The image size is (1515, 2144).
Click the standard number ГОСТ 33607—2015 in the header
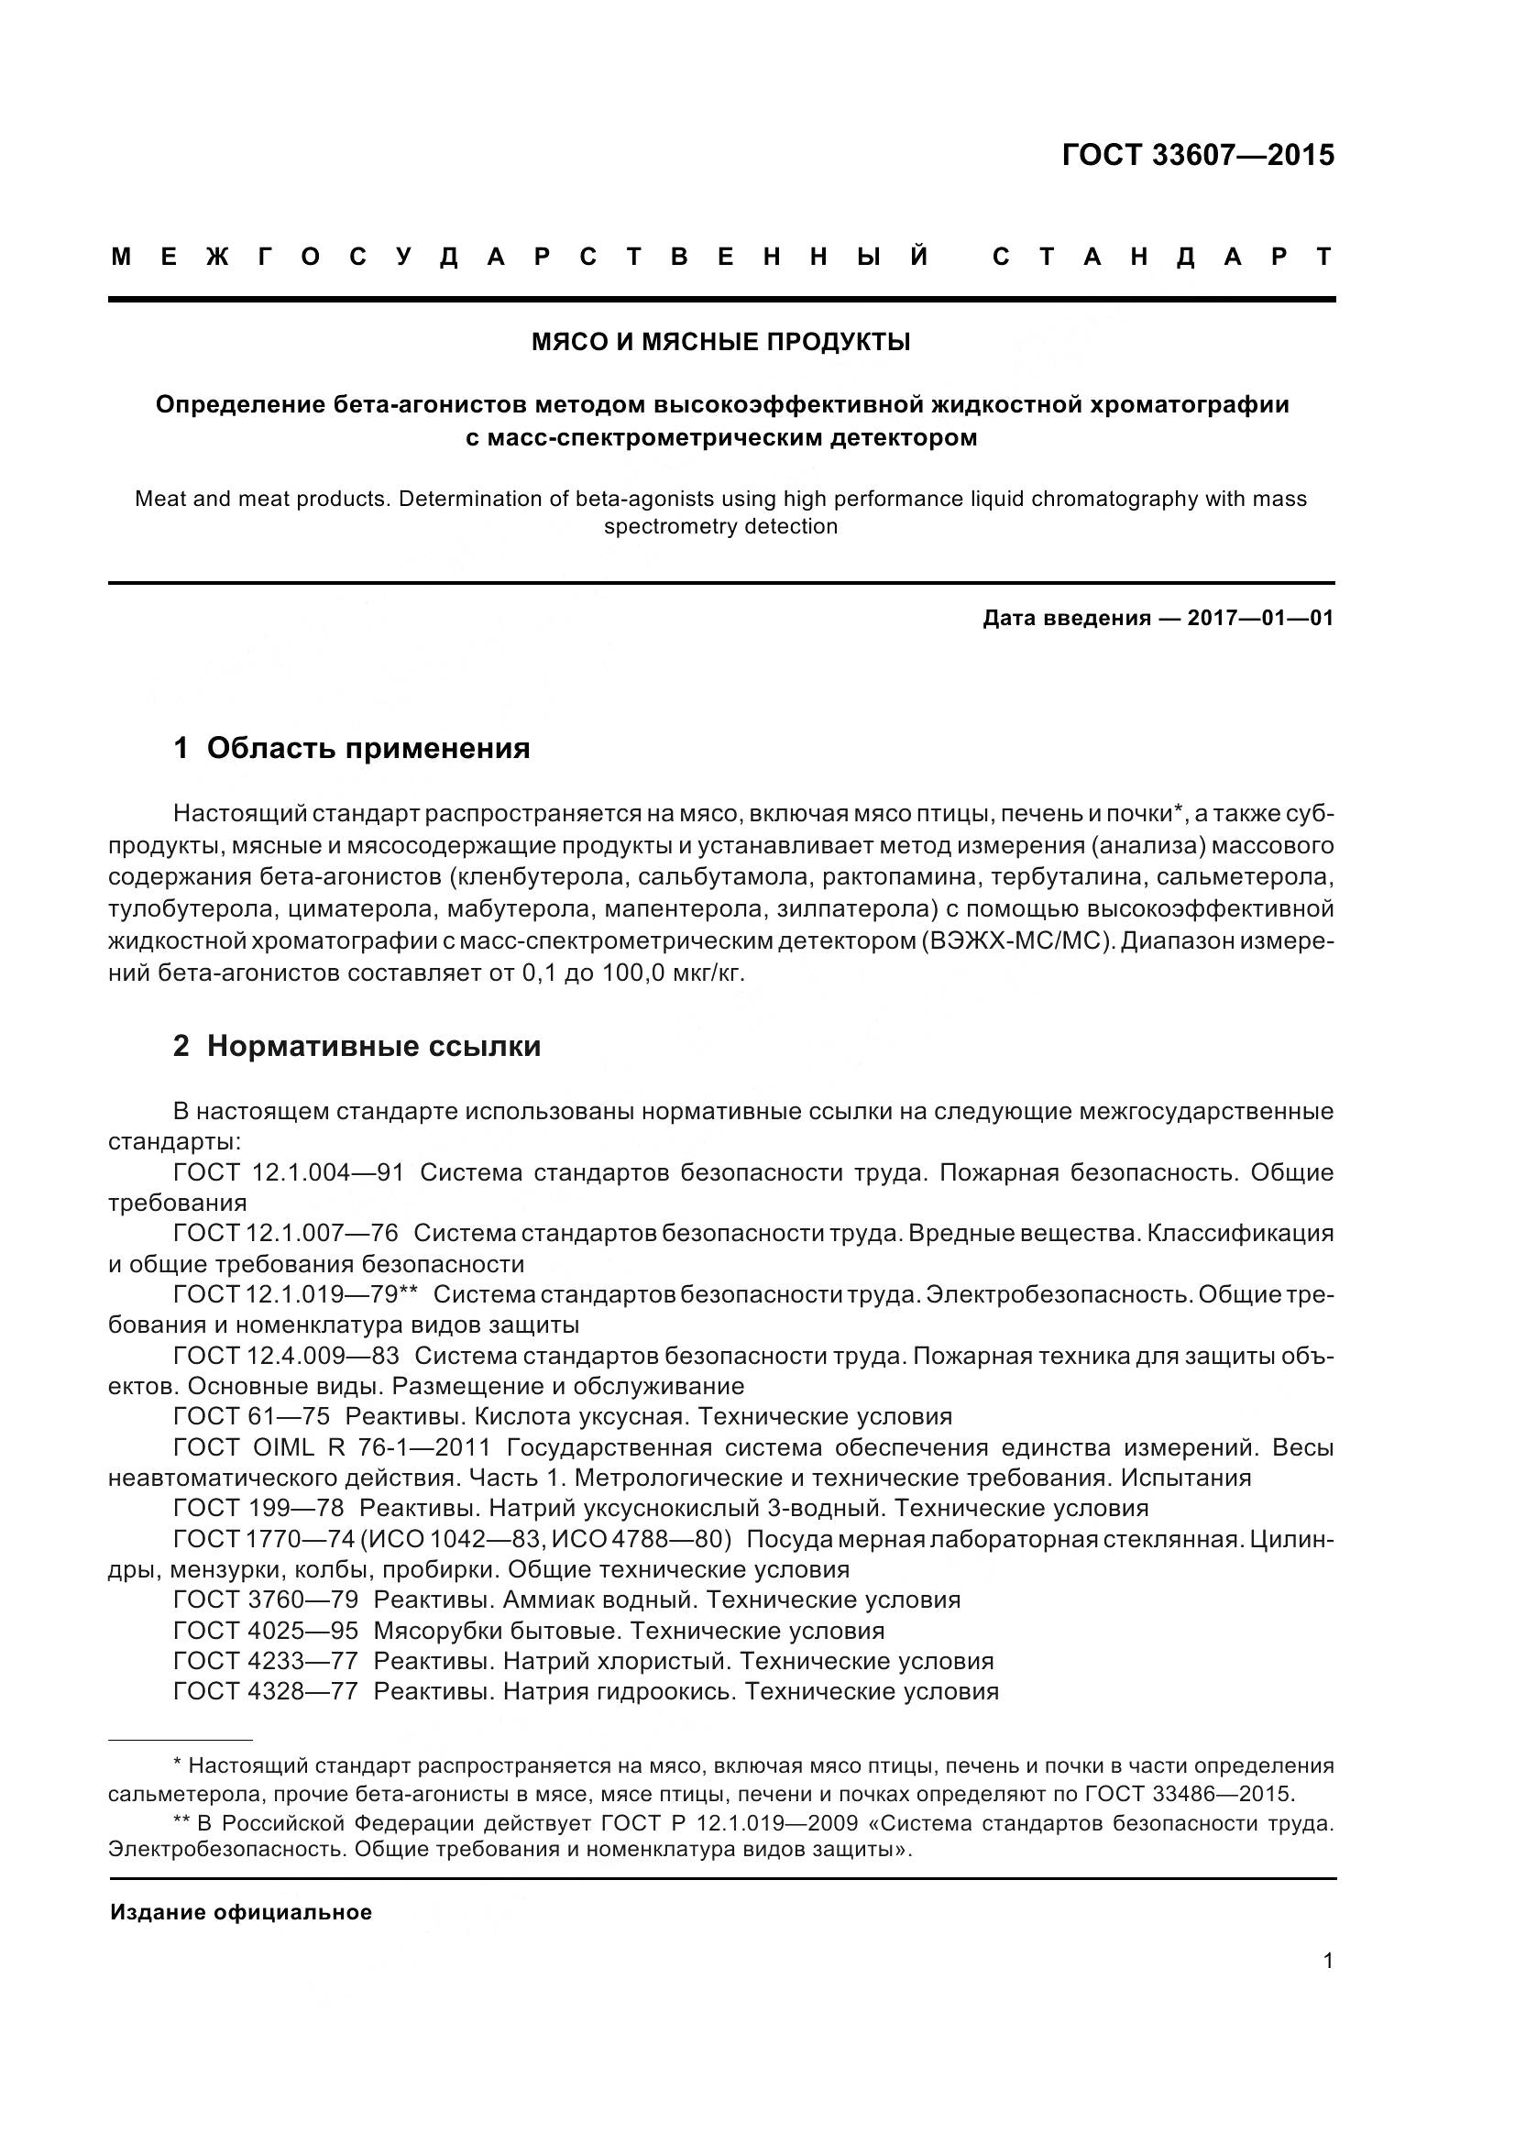tap(1198, 155)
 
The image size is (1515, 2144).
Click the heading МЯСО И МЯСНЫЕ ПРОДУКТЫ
tap(720, 343)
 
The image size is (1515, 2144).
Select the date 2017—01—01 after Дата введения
tap(1259, 618)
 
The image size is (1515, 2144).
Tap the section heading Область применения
tap(368, 748)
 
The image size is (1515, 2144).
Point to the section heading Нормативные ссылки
tap(373, 1046)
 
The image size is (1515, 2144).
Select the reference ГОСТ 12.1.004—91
tap(289, 1173)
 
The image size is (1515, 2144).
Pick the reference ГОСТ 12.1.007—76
tap(286, 1234)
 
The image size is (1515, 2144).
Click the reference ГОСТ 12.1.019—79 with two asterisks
tap(295, 1294)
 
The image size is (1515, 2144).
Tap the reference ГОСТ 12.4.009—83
tap(286, 1356)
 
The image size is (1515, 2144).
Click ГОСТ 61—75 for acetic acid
tap(251, 1416)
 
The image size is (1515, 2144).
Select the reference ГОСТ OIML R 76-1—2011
tap(332, 1448)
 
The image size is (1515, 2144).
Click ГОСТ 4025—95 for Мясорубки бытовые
tap(265, 1632)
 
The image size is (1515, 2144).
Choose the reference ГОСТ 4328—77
tap(265, 1692)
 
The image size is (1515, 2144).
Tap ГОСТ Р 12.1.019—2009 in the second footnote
tap(745, 1824)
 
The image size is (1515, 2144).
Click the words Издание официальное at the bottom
tap(241, 1912)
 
